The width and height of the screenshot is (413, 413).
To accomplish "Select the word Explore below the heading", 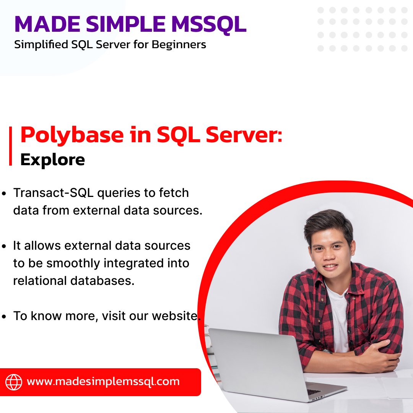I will (52, 159).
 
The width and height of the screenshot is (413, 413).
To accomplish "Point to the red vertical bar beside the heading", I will (11, 146).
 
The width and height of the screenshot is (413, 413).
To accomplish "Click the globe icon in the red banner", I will (14, 382).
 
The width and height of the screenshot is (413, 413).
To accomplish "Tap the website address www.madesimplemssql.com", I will (103, 381).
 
